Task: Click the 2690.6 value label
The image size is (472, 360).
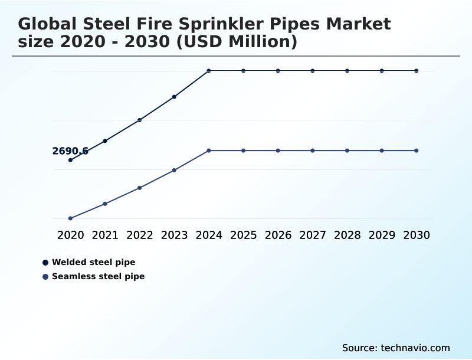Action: point(70,151)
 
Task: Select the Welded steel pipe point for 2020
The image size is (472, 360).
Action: point(70,160)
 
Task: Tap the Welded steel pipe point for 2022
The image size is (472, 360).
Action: point(140,120)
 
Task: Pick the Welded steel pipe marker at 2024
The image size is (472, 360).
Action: point(209,71)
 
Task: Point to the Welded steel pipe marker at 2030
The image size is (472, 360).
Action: point(417,71)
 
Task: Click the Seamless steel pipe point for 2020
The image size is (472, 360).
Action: point(70,218)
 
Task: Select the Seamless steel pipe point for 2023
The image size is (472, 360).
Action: point(174,170)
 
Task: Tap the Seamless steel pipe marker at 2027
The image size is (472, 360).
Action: point(313,150)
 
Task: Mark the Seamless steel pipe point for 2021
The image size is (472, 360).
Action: point(105,204)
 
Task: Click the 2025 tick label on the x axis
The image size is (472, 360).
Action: point(243,235)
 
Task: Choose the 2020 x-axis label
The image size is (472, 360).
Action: point(70,235)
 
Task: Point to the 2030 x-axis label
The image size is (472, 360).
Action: point(417,235)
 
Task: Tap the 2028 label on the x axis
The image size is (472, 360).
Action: point(347,235)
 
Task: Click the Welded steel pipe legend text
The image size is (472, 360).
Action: point(93,262)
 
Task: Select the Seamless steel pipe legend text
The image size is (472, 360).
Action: point(98,276)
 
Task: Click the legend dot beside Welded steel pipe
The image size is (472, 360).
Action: point(45,262)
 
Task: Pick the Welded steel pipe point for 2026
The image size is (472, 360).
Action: point(278,71)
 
